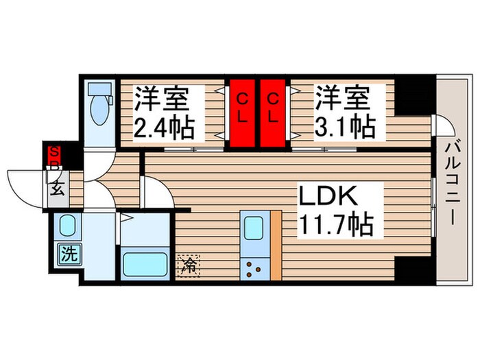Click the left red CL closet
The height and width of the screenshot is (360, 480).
coord(242,112)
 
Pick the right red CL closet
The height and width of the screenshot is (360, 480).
coord(273,112)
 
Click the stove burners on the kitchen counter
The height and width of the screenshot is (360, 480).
coord(253,267)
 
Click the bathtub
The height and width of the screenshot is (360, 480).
coord(145,264)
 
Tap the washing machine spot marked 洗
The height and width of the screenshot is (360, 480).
coord(68,254)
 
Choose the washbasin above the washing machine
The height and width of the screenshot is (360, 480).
coord(67,225)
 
